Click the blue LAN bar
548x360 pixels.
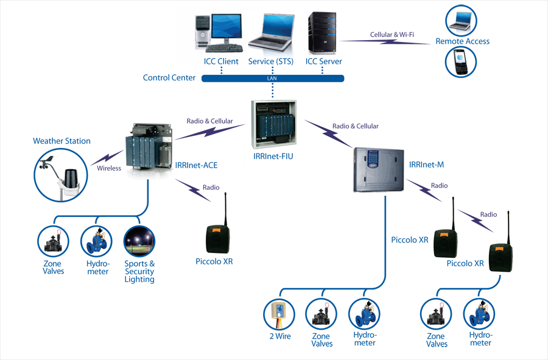coord(272,79)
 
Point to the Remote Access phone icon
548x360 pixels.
coord(461,62)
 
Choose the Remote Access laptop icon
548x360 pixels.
coord(461,21)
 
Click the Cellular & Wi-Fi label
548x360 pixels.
coord(392,35)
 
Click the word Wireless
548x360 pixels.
coord(109,168)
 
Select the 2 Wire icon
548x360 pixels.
coord(279,314)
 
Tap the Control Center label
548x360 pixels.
coord(169,78)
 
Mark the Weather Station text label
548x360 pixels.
coord(61,141)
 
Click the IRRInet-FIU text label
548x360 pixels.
coord(273,157)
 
